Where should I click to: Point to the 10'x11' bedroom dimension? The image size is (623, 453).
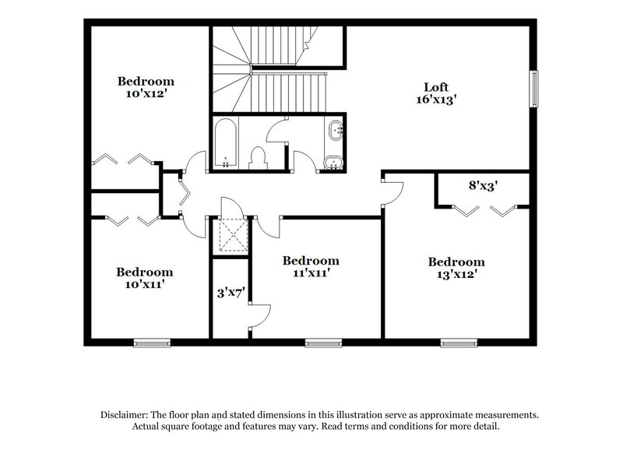tap(145, 285)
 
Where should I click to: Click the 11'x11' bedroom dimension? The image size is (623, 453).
tap(311, 273)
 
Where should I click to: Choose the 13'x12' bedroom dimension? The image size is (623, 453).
tap(456, 275)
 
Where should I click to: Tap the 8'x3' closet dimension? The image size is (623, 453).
tap(483, 187)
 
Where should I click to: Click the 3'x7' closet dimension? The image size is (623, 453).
tap(231, 293)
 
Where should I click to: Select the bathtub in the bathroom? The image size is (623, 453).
tap(224, 144)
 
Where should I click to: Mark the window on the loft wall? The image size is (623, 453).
tap(535, 90)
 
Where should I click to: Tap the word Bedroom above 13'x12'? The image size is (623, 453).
tap(456, 262)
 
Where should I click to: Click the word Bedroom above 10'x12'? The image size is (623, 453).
tap(146, 81)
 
